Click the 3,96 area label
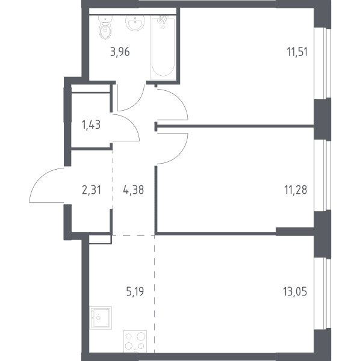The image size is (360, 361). (120, 52)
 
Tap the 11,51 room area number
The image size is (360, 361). (297, 52)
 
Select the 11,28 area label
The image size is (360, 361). (296, 190)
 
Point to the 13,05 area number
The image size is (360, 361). (295, 291)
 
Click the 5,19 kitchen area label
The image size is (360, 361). (135, 291)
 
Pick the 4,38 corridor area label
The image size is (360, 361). (134, 190)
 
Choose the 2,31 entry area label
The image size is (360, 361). (92, 190)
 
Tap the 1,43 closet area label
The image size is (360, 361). (92, 125)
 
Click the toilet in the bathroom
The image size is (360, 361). (105, 28)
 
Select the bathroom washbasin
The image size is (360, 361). (135, 23)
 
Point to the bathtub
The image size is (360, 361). (163, 47)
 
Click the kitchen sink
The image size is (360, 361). (101, 318)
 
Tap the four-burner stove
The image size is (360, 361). (135, 342)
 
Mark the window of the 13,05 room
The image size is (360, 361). (323, 294)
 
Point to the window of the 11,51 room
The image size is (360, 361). (323, 63)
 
